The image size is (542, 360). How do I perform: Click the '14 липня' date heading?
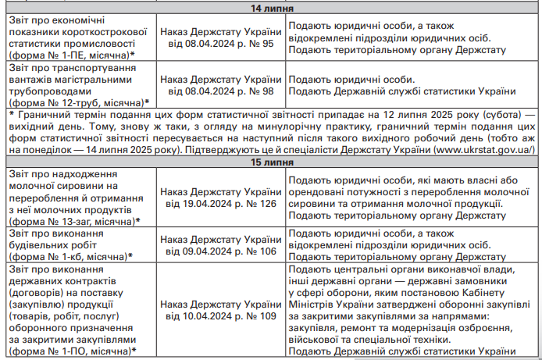coord(271,9)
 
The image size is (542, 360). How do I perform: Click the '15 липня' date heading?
coord(271,162)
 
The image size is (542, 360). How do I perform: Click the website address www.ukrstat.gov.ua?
coord(483,148)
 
